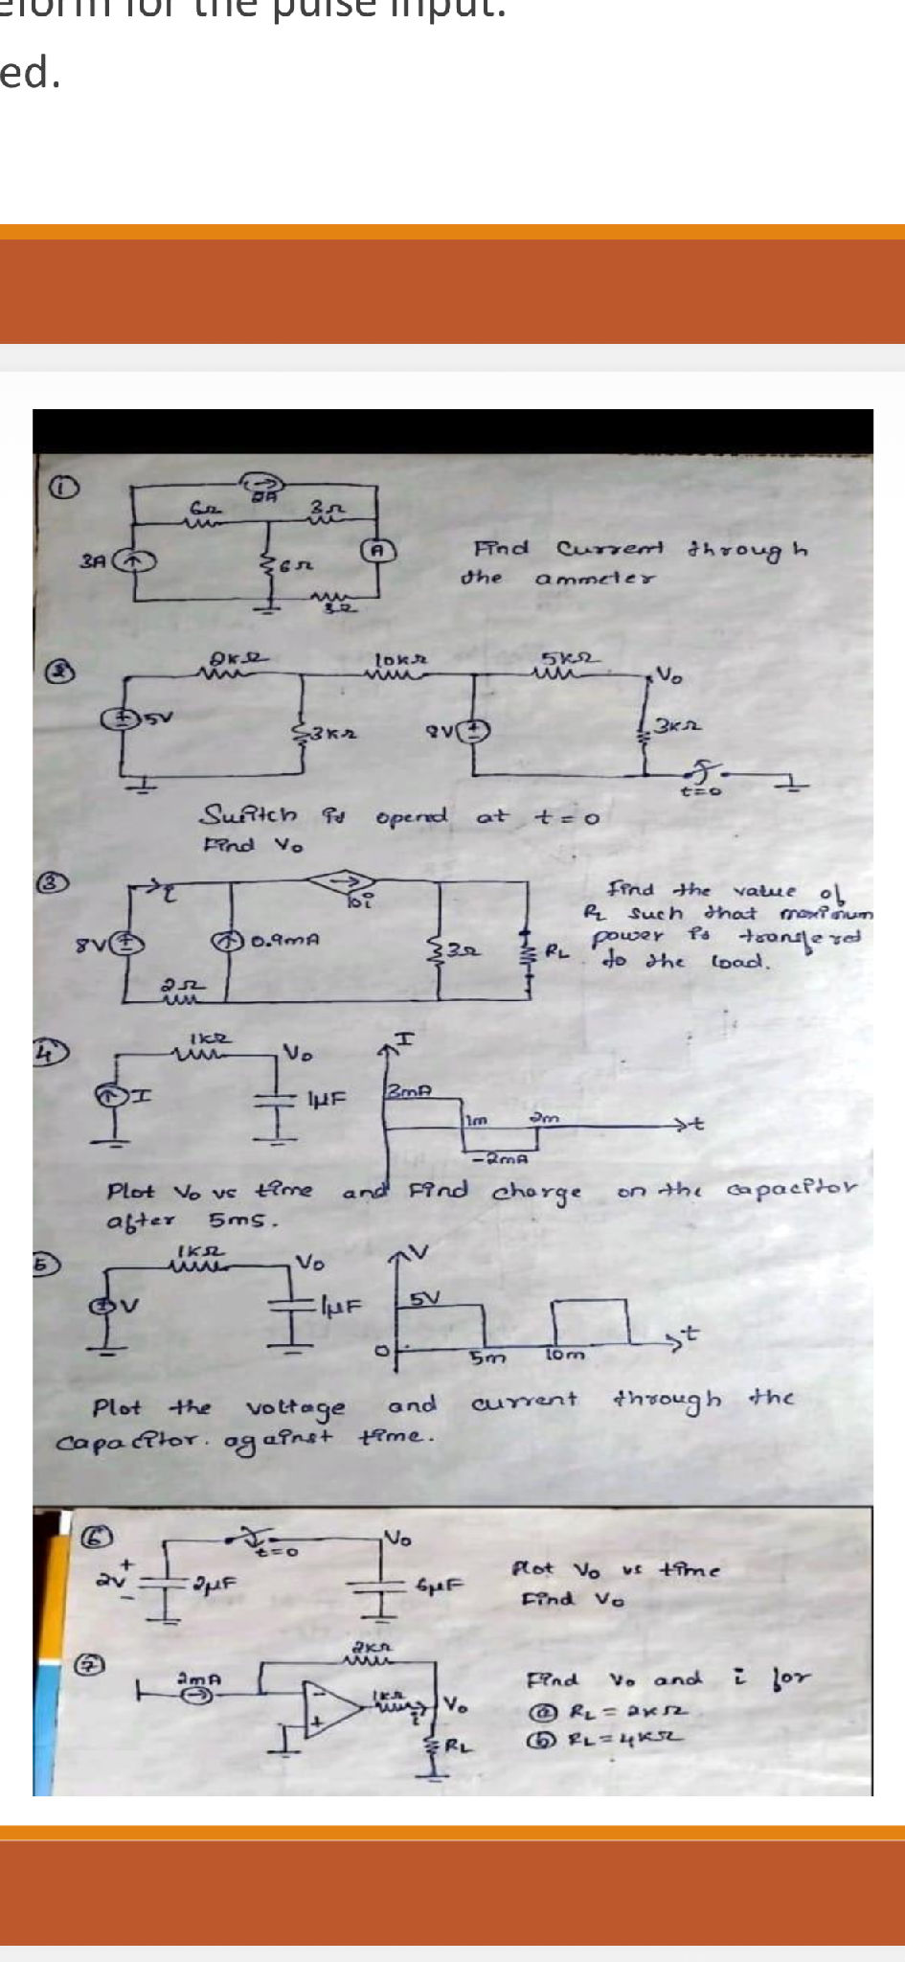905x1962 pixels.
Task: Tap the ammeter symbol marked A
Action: [x=378, y=549]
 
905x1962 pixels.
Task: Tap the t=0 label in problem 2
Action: [x=700, y=791]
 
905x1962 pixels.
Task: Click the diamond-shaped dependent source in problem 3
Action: [x=346, y=879]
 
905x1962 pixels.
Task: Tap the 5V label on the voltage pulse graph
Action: [x=424, y=1298]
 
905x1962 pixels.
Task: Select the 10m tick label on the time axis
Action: [x=564, y=1354]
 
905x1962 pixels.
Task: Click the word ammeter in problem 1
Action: [x=595, y=579]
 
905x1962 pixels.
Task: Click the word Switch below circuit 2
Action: [x=248, y=815]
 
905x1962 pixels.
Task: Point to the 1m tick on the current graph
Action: [x=476, y=1118]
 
